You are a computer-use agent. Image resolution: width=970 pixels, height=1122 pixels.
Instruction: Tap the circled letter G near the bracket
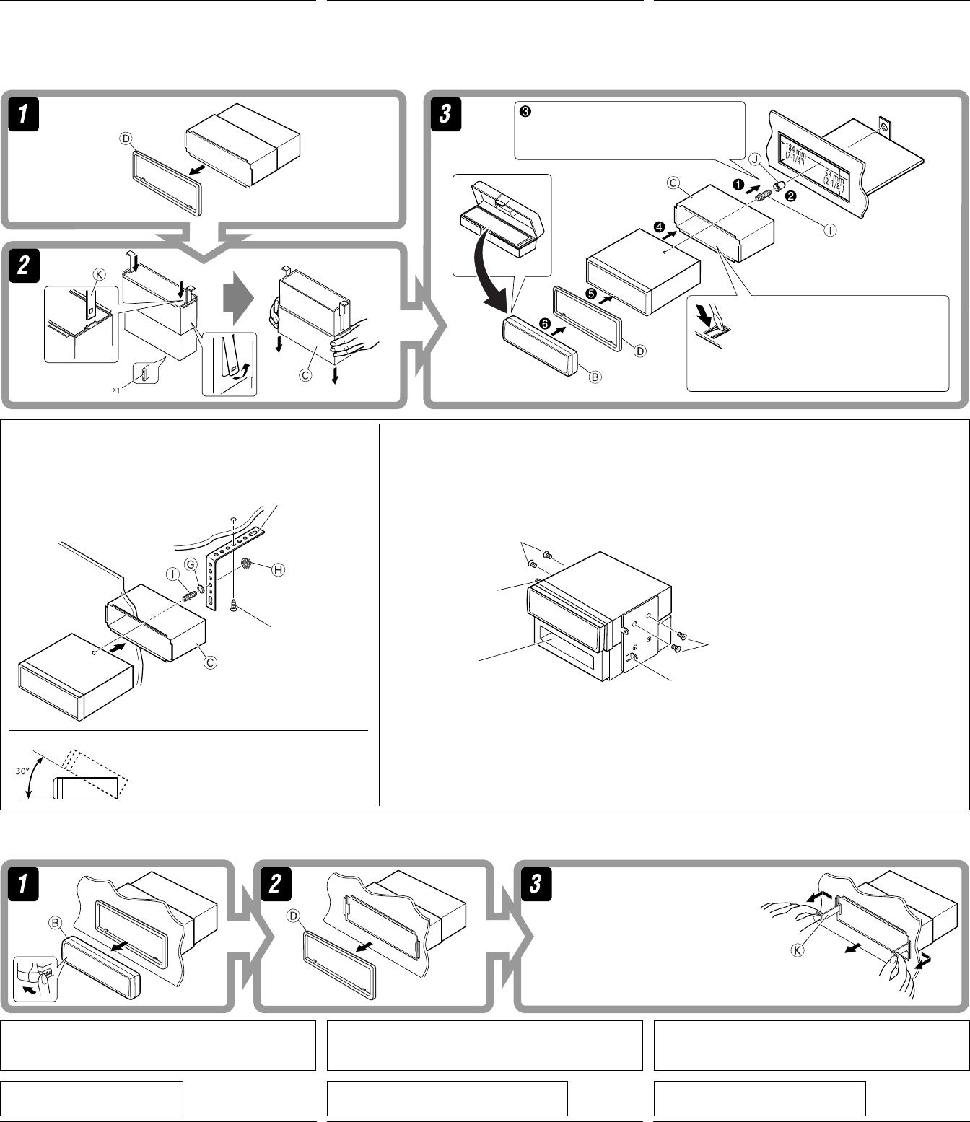[x=191, y=564]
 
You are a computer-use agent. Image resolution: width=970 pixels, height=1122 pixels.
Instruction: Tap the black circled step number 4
[x=660, y=227]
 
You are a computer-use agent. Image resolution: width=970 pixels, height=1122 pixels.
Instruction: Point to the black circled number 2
[x=791, y=196]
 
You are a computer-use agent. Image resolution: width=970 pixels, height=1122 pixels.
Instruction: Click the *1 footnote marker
[x=115, y=389]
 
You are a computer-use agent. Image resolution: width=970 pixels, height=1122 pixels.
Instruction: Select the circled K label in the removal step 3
[x=798, y=950]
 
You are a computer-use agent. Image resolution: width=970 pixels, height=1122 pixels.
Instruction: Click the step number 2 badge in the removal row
[x=274, y=884]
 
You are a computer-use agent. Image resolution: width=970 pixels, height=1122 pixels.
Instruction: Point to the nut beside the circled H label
[x=246, y=563]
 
